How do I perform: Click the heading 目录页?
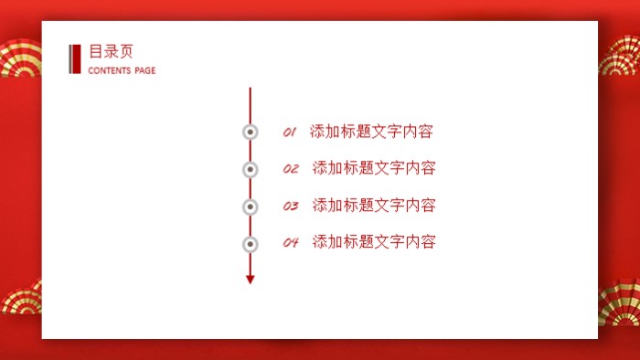tap(111, 52)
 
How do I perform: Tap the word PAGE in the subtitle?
tap(144, 70)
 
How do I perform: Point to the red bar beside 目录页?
tap(75, 59)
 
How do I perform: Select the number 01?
tap(290, 132)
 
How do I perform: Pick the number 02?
tap(291, 169)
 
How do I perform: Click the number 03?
tap(291, 206)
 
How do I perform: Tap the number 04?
tap(291, 243)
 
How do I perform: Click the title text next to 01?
tap(371, 132)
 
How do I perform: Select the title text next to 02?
tap(373, 168)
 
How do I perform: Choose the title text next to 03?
tap(373, 205)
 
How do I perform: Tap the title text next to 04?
tap(373, 242)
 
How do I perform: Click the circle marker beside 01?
tap(250, 132)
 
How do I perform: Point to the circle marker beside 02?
tap(250, 169)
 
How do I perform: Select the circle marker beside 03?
tap(250, 206)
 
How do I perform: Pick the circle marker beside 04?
tap(250, 244)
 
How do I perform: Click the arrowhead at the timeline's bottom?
tap(250, 280)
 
